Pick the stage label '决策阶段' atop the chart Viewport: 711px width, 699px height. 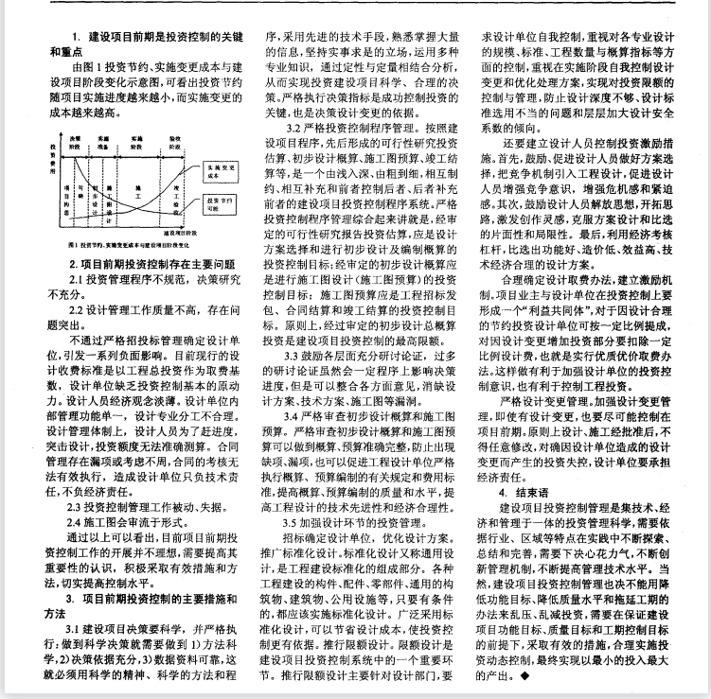tap(75, 141)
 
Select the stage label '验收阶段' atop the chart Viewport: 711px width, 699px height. tap(176, 141)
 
